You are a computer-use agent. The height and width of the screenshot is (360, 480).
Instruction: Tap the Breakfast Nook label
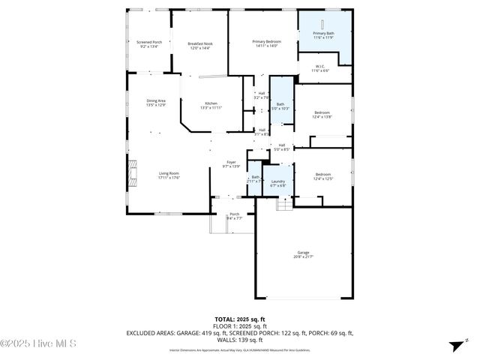(x=199, y=46)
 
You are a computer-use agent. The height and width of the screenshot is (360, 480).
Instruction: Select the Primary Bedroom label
(x=265, y=43)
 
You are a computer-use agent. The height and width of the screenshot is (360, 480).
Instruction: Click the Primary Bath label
(x=323, y=35)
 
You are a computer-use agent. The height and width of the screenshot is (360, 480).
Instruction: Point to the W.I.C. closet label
(x=319, y=68)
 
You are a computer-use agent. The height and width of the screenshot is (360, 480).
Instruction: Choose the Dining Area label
(x=156, y=102)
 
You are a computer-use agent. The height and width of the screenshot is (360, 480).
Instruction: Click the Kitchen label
(x=211, y=105)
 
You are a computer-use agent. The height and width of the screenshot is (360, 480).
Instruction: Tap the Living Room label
(x=168, y=175)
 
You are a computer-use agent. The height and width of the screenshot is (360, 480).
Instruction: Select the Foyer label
(x=232, y=163)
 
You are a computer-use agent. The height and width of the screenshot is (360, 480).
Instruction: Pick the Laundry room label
(x=277, y=182)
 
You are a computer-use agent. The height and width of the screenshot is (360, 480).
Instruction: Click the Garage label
(x=303, y=254)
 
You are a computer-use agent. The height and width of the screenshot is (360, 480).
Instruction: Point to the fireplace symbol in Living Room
(x=132, y=173)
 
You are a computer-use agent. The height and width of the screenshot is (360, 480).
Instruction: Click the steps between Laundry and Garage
(x=283, y=203)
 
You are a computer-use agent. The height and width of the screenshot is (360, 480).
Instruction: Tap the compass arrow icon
(x=454, y=346)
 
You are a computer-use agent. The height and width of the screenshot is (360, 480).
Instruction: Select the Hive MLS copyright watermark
(x=38, y=344)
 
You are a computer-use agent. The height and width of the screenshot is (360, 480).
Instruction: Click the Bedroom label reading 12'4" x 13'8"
(x=322, y=114)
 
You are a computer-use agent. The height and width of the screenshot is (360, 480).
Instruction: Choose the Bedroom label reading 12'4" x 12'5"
(x=322, y=176)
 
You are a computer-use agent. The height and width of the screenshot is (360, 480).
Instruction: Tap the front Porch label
(x=234, y=216)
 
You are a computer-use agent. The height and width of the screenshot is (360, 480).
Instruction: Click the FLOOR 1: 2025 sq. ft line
(x=240, y=326)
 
